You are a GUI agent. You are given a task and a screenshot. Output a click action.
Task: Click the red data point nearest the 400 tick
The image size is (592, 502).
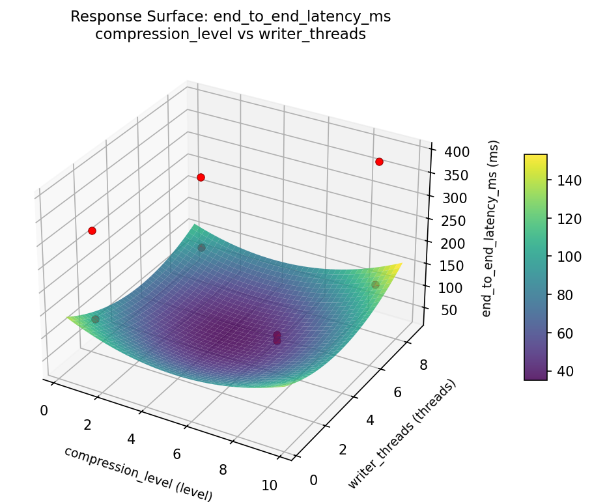click(379, 161)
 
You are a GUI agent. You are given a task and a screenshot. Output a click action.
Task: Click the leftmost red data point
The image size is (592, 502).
click(92, 230)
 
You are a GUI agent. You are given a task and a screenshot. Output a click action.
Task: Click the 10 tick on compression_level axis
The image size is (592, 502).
click(268, 484)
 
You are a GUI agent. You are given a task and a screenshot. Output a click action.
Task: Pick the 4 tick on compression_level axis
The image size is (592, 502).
click(131, 439)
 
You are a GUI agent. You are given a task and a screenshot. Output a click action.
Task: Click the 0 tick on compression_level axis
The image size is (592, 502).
click(44, 410)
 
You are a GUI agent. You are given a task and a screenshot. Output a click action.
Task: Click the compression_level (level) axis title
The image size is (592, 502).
click(138, 473)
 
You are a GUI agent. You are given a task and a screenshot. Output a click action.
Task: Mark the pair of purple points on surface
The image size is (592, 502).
click(277, 338)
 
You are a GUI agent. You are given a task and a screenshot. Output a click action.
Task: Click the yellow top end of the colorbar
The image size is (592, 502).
click(535, 158)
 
